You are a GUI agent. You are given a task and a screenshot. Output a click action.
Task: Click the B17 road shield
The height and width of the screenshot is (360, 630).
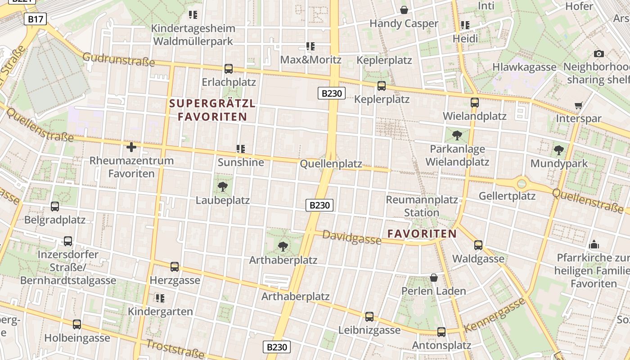tap(35, 19)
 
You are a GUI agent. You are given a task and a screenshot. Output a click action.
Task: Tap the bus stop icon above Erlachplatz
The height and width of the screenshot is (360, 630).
tap(229, 69)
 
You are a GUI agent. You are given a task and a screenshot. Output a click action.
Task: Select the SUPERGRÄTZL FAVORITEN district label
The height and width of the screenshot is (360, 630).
tap(212, 110)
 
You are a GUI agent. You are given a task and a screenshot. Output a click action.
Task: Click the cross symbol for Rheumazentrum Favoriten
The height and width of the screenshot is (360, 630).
tap(131, 147)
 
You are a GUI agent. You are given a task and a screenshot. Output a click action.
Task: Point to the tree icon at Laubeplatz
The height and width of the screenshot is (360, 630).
tap(222, 187)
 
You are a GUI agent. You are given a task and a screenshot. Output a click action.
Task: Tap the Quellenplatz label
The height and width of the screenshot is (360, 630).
tap(331, 164)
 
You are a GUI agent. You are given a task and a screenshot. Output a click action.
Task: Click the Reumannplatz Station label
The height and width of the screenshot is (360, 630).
tap(422, 206)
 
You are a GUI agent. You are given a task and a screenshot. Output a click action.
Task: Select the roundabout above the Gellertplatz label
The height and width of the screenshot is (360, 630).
tap(522, 183)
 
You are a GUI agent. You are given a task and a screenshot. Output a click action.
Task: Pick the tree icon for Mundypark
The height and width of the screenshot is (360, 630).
tap(559, 150)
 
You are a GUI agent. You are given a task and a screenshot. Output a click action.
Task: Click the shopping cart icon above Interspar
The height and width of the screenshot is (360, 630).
tap(578, 105)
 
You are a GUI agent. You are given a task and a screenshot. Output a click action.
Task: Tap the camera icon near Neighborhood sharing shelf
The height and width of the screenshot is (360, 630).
tap(598, 54)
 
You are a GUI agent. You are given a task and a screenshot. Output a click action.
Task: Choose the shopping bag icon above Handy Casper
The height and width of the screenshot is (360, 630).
tap(404, 10)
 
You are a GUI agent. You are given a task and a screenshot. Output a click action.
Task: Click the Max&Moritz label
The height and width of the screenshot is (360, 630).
tap(310, 59)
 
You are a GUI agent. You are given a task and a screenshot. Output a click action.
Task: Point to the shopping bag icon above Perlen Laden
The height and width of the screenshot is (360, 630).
tap(434, 278)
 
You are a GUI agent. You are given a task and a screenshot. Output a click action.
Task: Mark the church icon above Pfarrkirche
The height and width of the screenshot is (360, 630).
tap(594, 244)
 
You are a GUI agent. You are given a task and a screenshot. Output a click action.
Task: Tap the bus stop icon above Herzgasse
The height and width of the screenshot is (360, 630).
tap(175, 267)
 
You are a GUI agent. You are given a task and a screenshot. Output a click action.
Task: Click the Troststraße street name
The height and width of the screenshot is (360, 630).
tap(175, 349)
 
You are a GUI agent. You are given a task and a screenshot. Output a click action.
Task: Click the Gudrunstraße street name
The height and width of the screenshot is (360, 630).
tap(119, 59)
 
